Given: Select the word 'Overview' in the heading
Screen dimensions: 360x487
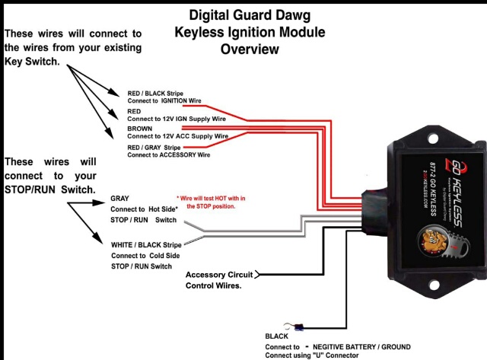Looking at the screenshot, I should click(250, 49).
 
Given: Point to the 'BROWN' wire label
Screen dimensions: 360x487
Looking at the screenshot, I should click(140, 129).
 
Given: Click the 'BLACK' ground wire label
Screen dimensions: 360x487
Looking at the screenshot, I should click(277, 336).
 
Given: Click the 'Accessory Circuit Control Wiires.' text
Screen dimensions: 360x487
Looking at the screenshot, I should click(221, 279).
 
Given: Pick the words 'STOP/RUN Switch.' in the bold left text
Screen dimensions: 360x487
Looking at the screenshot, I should click(50, 189).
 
